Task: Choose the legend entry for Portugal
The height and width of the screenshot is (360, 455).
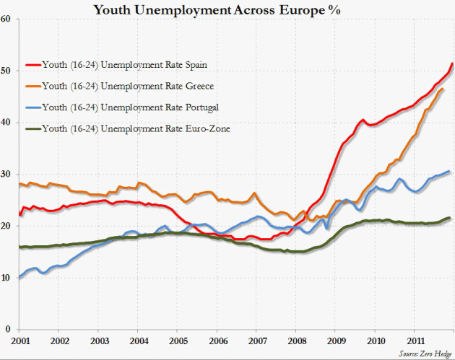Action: (130, 107)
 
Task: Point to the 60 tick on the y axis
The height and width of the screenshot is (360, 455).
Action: (5, 19)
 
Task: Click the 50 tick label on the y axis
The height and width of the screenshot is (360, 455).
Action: (5, 71)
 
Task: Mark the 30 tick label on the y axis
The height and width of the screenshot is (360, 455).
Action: (5, 175)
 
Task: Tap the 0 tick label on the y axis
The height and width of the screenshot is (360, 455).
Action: (7, 330)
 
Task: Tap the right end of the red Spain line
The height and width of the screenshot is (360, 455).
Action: (451, 64)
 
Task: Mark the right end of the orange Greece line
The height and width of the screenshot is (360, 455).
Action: (443, 89)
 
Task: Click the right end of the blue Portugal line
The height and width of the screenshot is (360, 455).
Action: (449, 172)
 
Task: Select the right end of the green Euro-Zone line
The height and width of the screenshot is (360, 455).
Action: (449, 217)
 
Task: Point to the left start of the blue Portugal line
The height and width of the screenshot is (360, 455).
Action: (19, 277)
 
